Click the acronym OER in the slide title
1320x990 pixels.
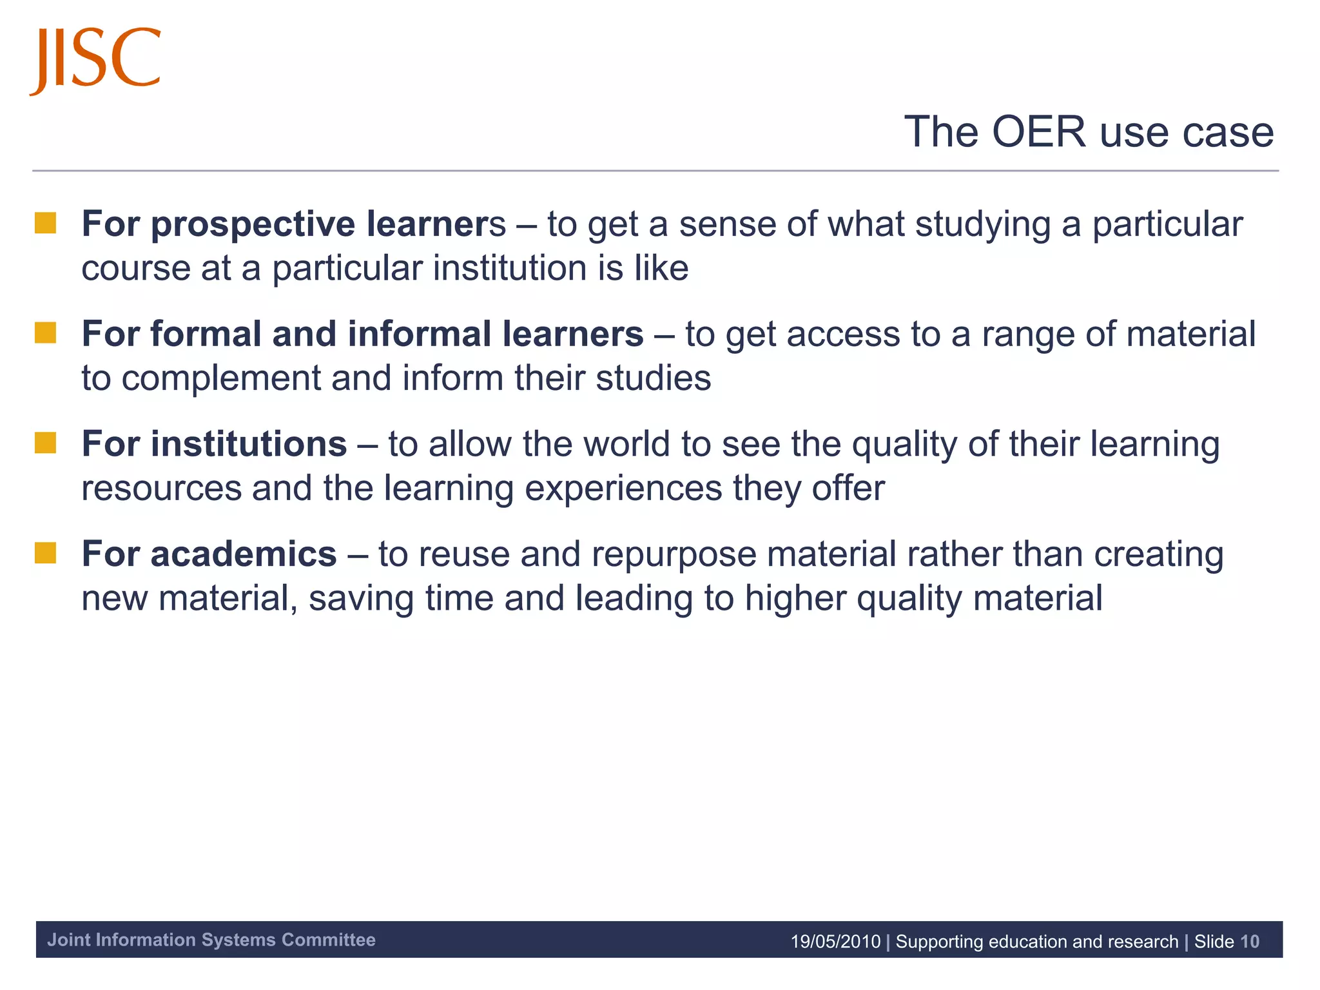tap(1038, 132)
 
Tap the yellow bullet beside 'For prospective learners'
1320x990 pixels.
tap(46, 223)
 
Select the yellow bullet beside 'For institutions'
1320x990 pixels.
tap(46, 443)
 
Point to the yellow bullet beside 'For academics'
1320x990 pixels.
tap(46, 553)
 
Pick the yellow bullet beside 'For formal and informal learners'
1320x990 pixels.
tap(46, 333)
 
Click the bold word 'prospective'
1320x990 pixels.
tap(253, 225)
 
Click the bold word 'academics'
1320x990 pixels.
tap(243, 554)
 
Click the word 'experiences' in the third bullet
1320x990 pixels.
tap(623, 489)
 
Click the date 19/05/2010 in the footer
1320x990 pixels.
tap(835, 942)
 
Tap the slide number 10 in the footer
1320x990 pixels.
tap(1249, 942)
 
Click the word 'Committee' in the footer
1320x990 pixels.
tap(329, 940)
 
